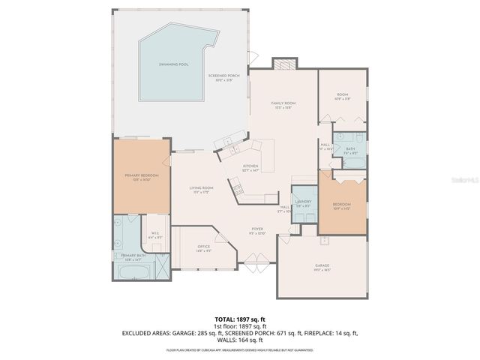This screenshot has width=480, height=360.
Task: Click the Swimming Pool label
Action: pyautogui.click(x=173, y=65)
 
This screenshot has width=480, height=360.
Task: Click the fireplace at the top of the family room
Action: pyautogui.click(x=283, y=65)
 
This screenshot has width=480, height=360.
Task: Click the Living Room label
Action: pyautogui.click(x=201, y=189)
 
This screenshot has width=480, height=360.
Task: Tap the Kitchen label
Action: pyautogui.click(x=250, y=168)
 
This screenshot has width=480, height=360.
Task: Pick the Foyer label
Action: pyautogui.click(x=256, y=230)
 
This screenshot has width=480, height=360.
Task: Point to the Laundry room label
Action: pyautogui.click(x=304, y=203)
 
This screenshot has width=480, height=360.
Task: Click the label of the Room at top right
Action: pyautogui.click(x=342, y=95)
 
